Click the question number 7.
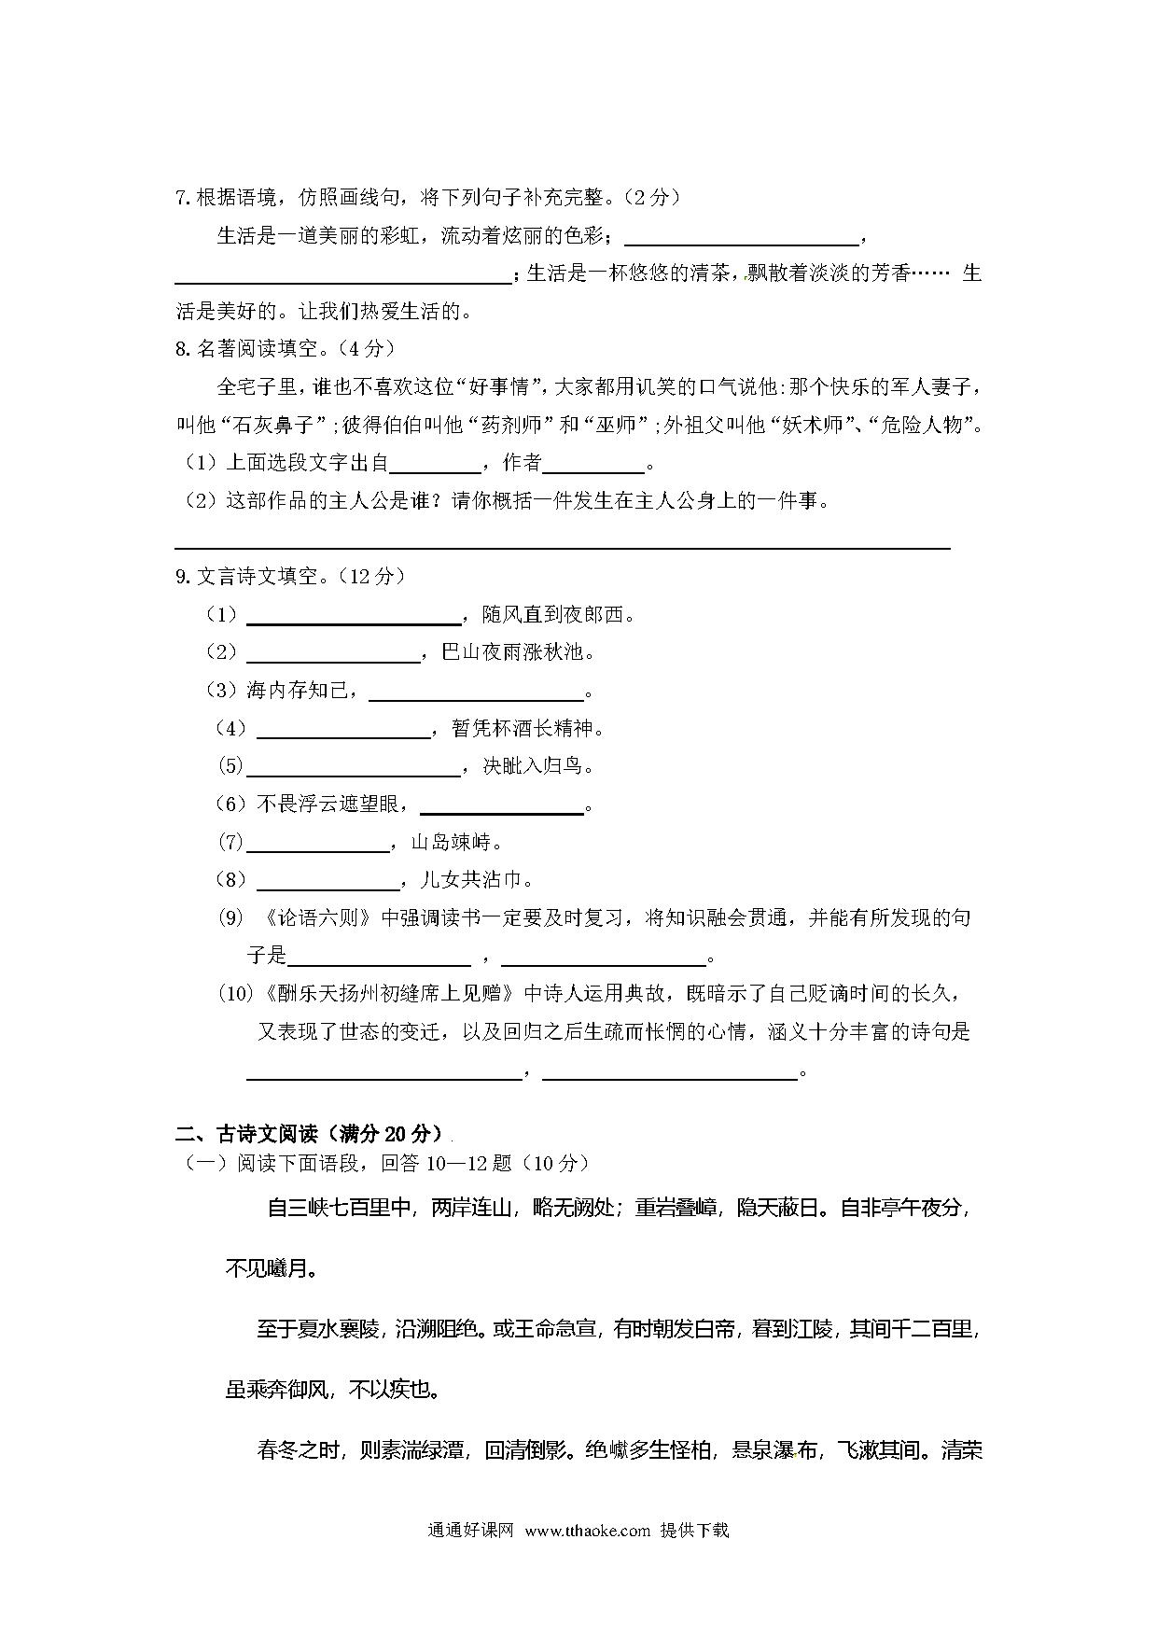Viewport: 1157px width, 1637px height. click(183, 198)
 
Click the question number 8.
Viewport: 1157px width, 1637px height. click(183, 348)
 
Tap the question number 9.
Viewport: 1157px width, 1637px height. click(183, 577)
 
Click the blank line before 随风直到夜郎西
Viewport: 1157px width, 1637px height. click(354, 617)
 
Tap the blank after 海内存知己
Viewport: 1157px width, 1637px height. click(477, 693)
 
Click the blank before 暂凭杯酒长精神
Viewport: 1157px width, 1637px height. click(343, 731)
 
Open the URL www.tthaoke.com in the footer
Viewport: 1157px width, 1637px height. click(587, 1531)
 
